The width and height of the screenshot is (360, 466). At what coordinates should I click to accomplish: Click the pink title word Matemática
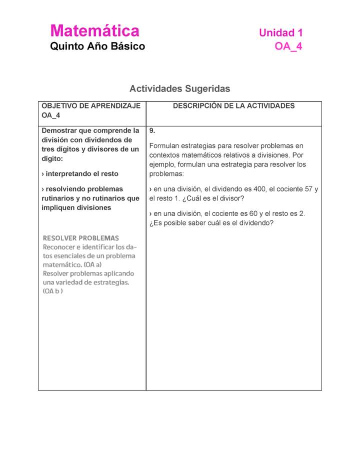click(94, 31)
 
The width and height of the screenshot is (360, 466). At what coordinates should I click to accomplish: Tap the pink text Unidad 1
click(280, 33)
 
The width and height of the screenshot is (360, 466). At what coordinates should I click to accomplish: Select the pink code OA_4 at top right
click(288, 46)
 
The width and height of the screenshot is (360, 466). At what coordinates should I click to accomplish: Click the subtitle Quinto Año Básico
click(97, 46)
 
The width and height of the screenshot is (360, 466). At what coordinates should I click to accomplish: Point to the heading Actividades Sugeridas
click(179, 88)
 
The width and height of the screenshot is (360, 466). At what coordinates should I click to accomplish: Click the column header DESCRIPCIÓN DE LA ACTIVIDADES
click(233, 105)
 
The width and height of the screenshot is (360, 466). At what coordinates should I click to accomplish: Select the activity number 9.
click(152, 130)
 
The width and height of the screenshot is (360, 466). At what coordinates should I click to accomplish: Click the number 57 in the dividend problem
click(308, 189)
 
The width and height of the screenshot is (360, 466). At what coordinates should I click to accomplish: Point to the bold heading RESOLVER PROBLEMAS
click(81, 238)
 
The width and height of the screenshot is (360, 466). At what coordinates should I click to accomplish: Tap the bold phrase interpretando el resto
click(82, 173)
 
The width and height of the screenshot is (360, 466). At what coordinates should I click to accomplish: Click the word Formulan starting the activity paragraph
click(165, 145)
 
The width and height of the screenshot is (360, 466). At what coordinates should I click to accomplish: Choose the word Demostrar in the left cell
click(59, 130)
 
